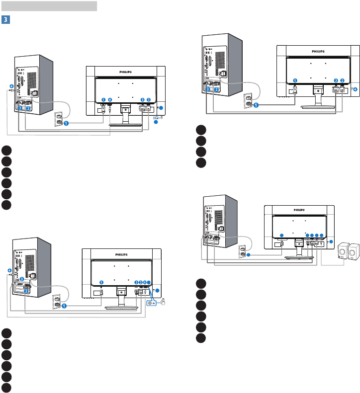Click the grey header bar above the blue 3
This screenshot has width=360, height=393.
pyautogui.click(x=49, y=6)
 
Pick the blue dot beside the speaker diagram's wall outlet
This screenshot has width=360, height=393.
pyautogui.click(x=249, y=255)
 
